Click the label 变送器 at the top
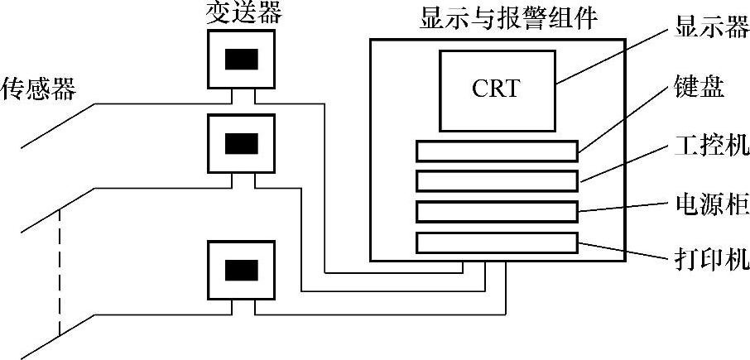(241, 13)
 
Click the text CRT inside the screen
(496, 89)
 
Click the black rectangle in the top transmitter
(241, 60)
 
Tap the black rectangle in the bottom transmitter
(241, 270)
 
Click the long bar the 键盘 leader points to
(496, 151)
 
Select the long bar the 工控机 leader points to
(496, 180)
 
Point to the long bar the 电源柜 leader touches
(496, 211)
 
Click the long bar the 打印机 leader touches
(496, 242)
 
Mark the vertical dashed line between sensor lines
(59, 273)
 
